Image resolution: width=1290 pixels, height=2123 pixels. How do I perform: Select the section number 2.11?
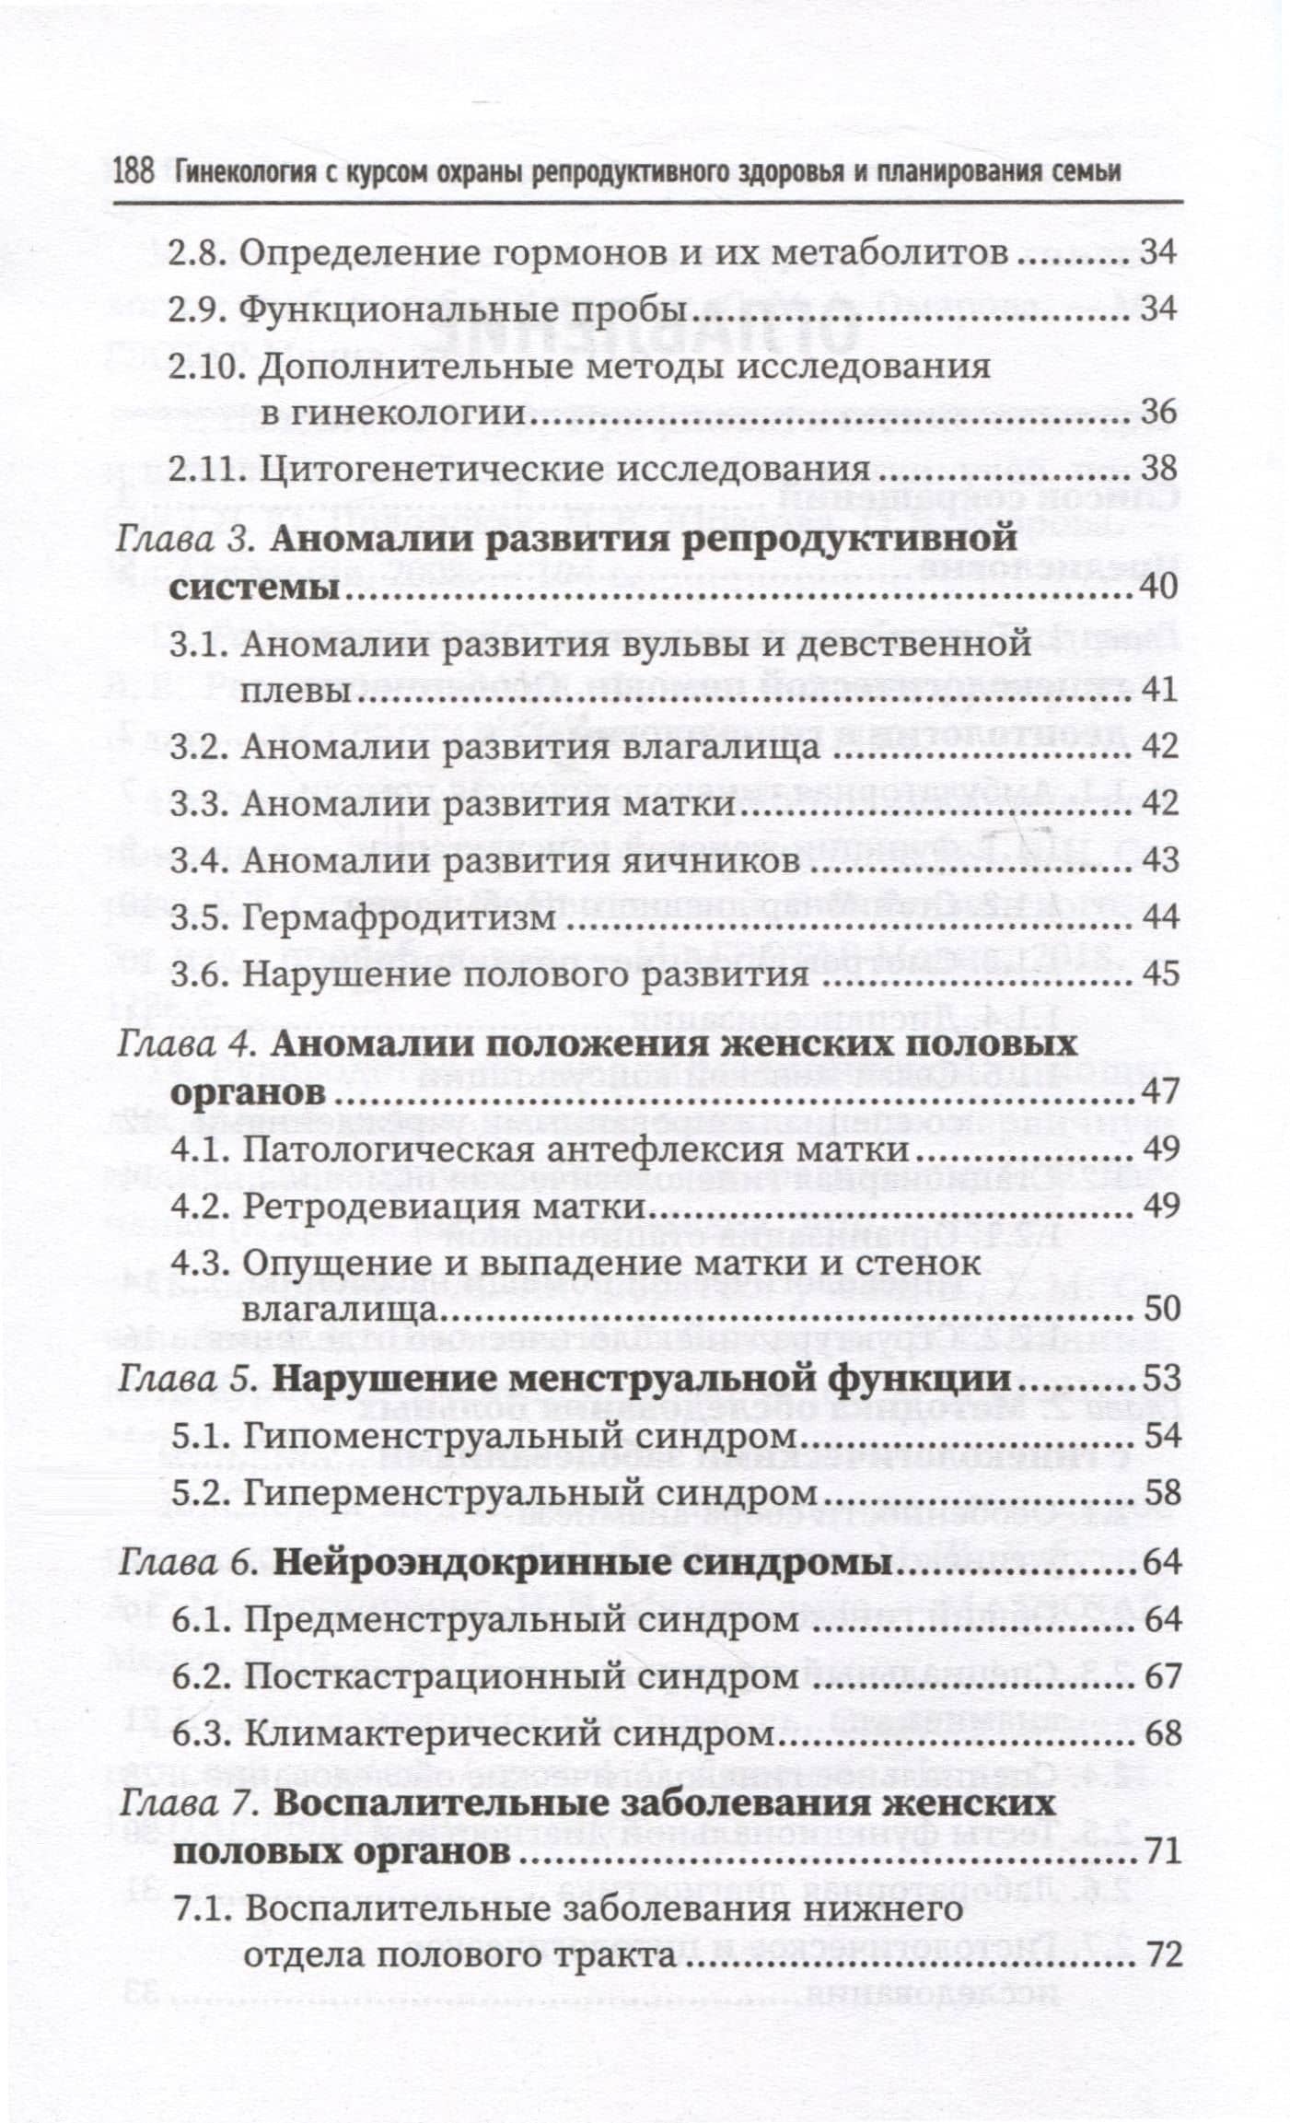coord(206,469)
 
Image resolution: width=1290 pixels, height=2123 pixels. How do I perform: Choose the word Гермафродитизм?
coord(398,917)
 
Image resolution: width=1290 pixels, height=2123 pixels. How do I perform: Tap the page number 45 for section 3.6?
coord(1158,974)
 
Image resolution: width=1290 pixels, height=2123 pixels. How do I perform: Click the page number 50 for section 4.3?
coord(1158,1309)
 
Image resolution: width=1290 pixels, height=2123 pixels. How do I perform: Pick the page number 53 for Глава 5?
coord(1158,1379)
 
